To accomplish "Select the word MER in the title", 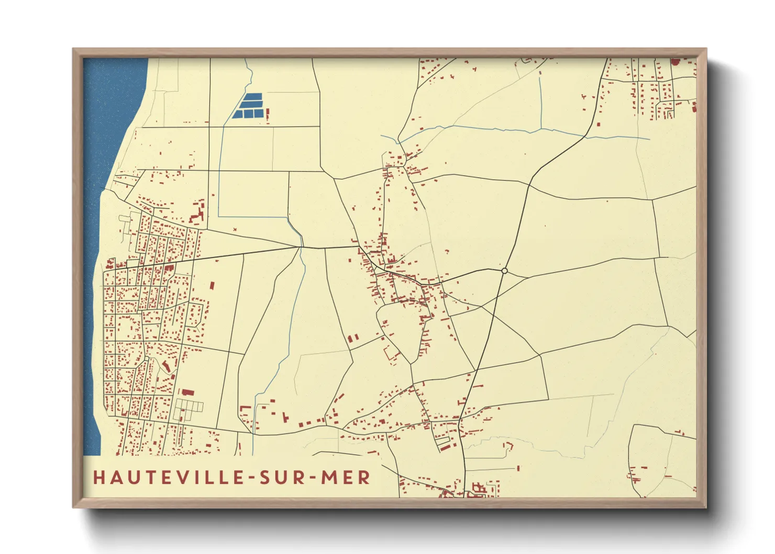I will pos(346,477).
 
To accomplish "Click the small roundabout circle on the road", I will pos(504,271).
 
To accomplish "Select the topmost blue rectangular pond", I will pos(253,96).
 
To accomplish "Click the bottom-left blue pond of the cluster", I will pos(237,114).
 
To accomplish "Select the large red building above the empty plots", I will pos(188,392).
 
